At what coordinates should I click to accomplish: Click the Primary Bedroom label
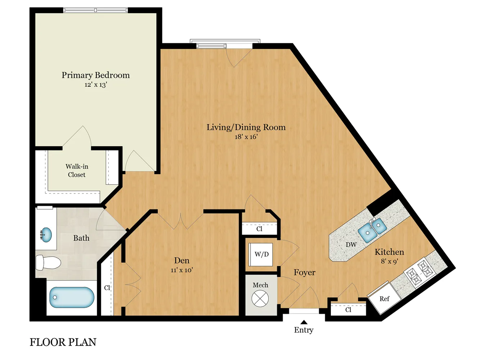[95, 75]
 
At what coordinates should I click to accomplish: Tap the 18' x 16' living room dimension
[246, 137]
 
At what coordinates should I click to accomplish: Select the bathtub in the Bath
[72, 297]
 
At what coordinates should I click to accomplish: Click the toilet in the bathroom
[48, 263]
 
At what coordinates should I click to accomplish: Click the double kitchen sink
[372, 230]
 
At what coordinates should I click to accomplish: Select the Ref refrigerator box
[384, 299]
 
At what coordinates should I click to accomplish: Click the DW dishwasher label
[351, 244]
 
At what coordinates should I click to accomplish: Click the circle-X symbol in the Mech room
[260, 298]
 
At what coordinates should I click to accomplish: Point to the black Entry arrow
[304, 322]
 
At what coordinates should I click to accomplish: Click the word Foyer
[304, 273]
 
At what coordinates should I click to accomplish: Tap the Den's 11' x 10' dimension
[182, 270]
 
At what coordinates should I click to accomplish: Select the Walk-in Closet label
[77, 171]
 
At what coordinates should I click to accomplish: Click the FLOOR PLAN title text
[63, 342]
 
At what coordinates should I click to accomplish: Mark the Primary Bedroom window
[95, 10]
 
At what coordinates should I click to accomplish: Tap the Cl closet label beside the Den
[107, 288]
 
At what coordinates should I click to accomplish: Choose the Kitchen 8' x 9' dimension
[389, 261]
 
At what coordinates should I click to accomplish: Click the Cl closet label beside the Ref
[348, 310]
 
